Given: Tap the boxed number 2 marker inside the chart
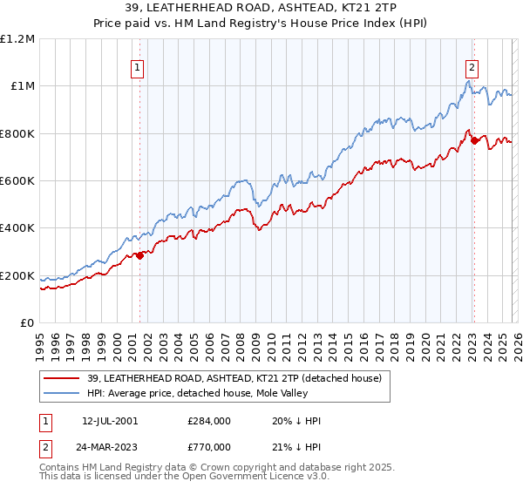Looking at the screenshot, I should [x=472, y=65].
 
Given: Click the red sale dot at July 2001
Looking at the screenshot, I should [x=140, y=255].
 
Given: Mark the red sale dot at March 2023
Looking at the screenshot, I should [x=474, y=140].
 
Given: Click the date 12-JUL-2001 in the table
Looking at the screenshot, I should [x=111, y=421].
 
